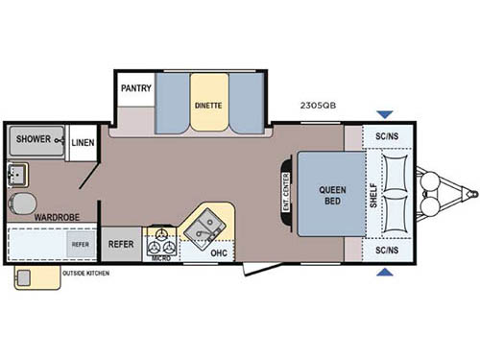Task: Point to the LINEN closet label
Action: coord(83,141)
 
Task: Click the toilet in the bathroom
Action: coord(21,202)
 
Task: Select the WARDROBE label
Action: coord(57,218)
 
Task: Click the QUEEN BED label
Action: coord(332,196)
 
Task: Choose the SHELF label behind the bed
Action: coord(374,196)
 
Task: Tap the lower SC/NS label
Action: coord(387,251)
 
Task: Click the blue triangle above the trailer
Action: coord(384,116)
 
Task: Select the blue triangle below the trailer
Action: coord(384,275)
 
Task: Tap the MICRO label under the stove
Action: coord(159,257)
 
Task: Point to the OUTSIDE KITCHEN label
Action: coord(86,274)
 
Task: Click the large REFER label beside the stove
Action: coord(121,244)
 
